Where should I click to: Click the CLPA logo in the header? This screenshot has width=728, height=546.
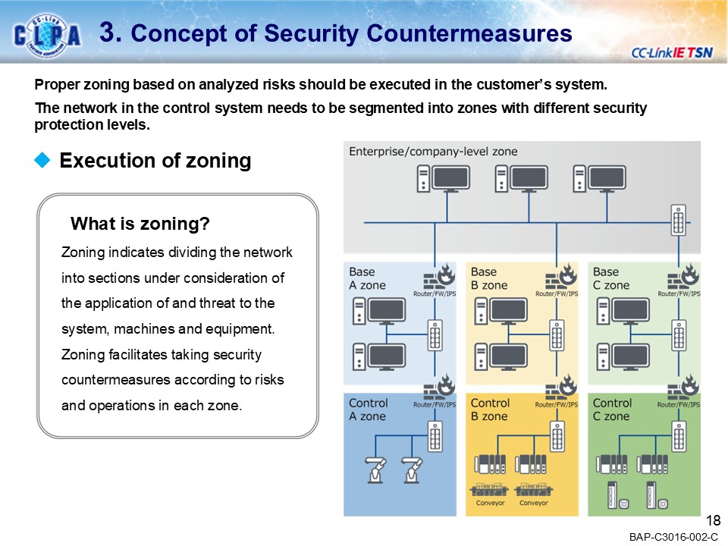(x=47, y=34)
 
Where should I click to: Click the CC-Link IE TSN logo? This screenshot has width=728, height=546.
(x=670, y=52)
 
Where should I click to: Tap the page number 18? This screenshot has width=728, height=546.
(x=713, y=520)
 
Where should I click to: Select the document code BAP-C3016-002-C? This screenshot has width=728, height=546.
(x=673, y=537)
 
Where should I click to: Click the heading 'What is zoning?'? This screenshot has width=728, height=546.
(x=140, y=224)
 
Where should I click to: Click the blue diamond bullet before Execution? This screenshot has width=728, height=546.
(x=43, y=160)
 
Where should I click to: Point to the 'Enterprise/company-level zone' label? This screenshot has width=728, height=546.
(x=433, y=152)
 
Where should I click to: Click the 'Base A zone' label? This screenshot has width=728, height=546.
(x=367, y=278)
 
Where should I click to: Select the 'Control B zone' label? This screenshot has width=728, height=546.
(x=490, y=409)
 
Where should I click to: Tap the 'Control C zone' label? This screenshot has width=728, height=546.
(x=612, y=409)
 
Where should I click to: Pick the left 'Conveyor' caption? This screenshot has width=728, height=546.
(x=490, y=503)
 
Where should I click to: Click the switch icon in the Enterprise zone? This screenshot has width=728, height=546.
(x=679, y=221)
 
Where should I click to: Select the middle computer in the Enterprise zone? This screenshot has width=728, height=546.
(x=521, y=179)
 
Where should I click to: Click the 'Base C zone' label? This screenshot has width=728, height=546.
(x=611, y=278)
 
